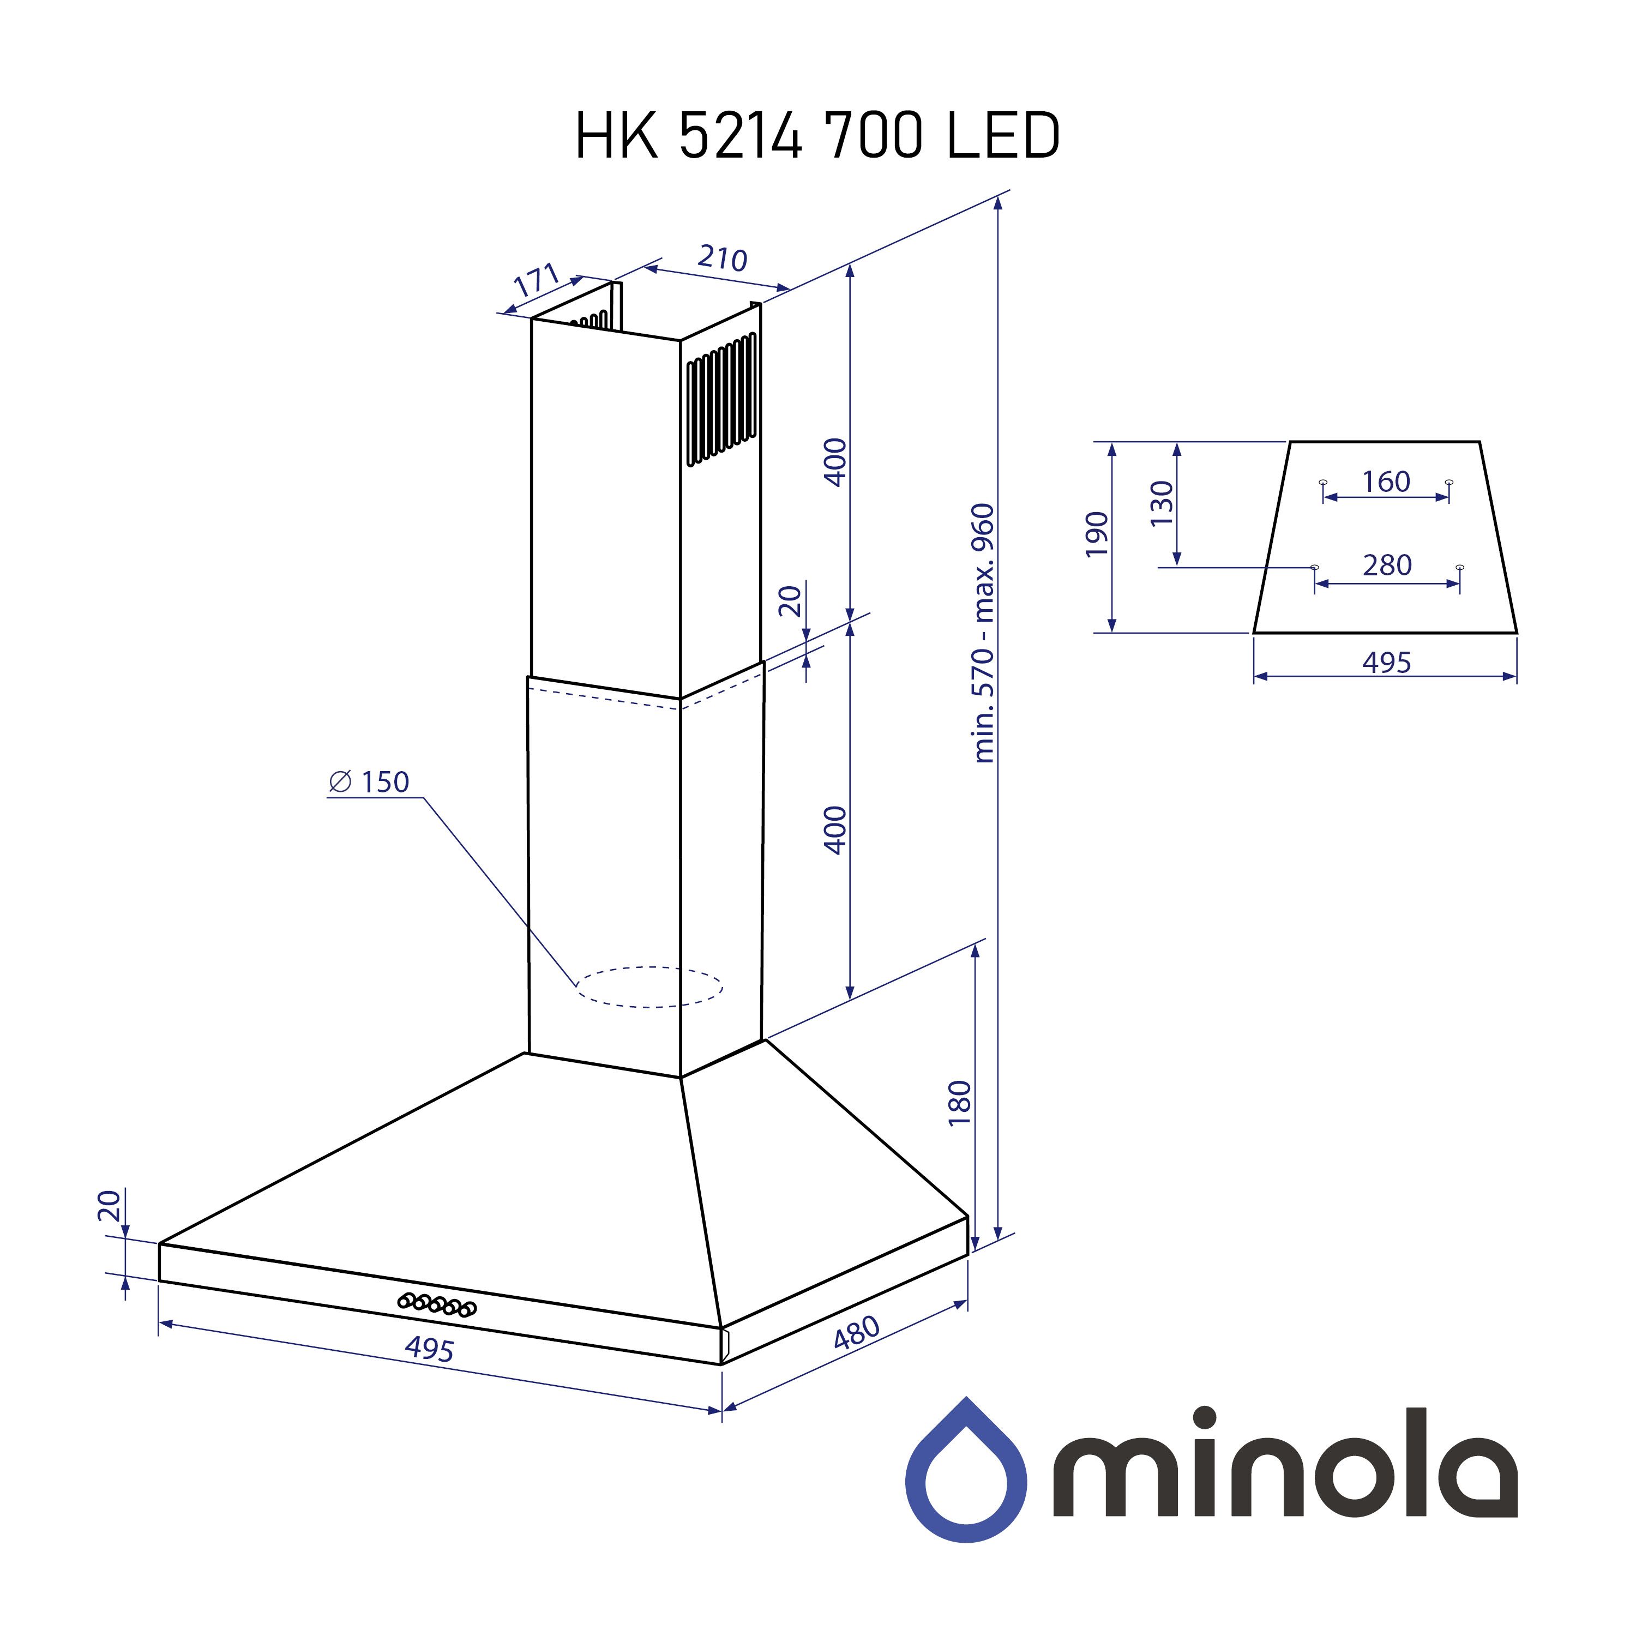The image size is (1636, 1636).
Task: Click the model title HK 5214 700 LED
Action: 817,135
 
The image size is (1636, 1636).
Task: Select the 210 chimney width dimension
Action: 723,257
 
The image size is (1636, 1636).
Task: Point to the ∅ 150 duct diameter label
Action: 369,781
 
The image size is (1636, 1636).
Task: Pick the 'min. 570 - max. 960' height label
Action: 983,633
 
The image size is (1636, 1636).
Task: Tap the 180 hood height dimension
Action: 959,1103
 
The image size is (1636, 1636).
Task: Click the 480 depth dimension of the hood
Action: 857,1332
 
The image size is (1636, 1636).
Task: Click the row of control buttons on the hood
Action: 437,1304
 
